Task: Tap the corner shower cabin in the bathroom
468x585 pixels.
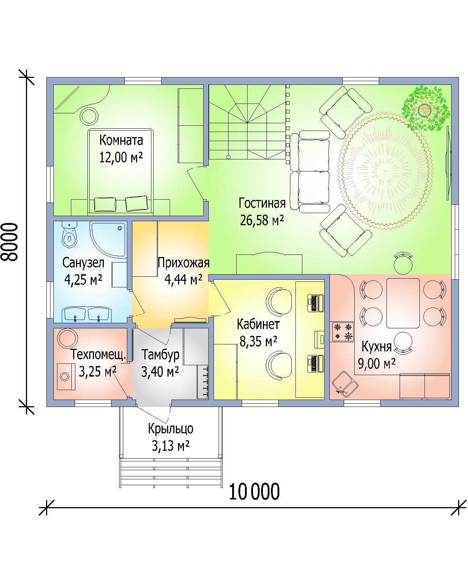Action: click(109, 239)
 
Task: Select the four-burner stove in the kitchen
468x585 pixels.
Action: click(343, 332)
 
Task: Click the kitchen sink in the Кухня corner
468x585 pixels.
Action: click(344, 384)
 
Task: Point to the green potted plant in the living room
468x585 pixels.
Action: click(426, 109)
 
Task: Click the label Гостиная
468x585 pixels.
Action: click(262, 203)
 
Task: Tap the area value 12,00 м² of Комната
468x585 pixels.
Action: click(121, 157)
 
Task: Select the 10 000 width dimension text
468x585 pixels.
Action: click(254, 492)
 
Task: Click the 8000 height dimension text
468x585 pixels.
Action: click(11, 242)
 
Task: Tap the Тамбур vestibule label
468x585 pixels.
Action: click(161, 355)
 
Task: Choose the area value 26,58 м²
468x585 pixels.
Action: click(262, 220)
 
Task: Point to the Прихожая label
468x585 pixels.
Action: click(184, 263)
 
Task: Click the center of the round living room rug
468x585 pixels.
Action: click(385, 171)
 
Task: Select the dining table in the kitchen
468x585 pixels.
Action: click(403, 303)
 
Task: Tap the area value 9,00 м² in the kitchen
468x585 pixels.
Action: click(377, 363)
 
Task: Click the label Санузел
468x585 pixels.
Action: click(83, 263)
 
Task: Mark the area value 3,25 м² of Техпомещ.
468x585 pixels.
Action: click(98, 371)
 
